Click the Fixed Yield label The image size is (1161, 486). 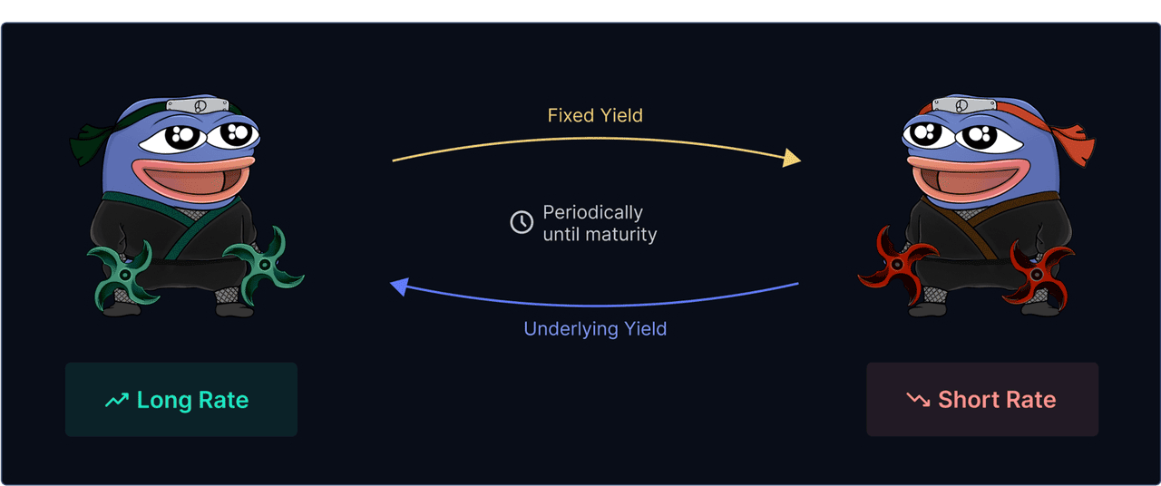pos(595,115)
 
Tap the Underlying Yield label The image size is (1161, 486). pos(595,328)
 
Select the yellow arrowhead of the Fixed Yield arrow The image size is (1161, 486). pos(792,158)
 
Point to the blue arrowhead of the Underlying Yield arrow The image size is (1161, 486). pos(400,287)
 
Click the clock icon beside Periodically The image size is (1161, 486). pos(522,222)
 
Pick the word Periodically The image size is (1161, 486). pos(593,212)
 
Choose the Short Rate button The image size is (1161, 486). pos(982,400)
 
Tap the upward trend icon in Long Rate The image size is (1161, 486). pos(117,400)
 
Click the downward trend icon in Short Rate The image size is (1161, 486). pos(918,400)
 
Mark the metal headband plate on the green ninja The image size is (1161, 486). pos(198,105)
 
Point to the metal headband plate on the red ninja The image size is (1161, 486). pos(963,105)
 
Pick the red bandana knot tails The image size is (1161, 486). pos(1075,143)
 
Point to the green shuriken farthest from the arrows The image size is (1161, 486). pos(124,275)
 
